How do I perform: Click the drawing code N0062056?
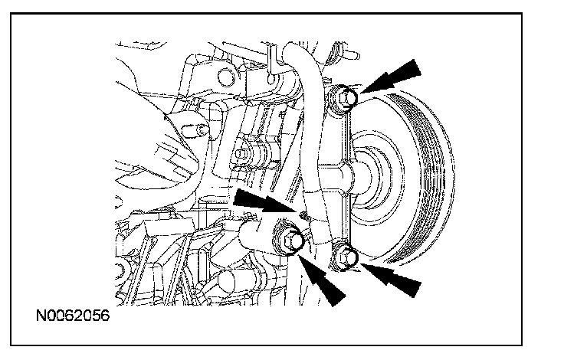pyautogui.click(x=70, y=315)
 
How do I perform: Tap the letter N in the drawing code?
pyautogui.click(x=39, y=315)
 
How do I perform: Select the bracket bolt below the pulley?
pyautogui.click(x=345, y=258)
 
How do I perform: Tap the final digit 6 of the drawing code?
pyautogui.click(x=102, y=315)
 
